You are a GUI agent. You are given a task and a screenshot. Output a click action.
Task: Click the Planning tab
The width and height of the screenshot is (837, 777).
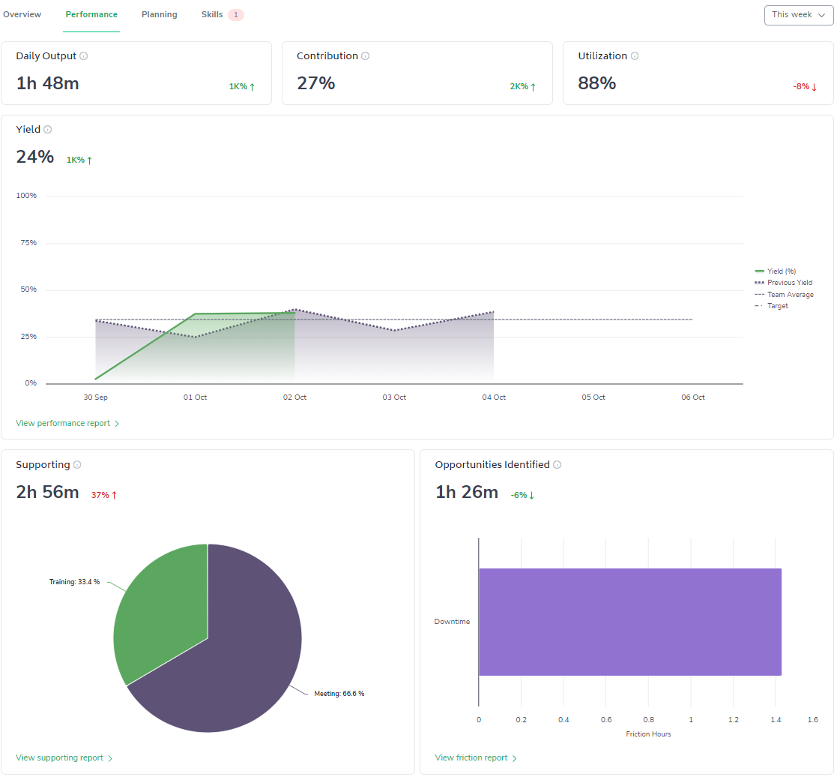click(x=159, y=15)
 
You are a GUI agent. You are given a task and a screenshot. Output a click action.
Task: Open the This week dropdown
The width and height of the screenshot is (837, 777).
click(x=798, y=15)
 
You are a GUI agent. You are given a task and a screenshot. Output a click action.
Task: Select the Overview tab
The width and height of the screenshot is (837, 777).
click(x=22, y=15)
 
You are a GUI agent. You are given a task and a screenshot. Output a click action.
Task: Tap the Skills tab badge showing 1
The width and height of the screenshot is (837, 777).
click(x=236, y=15)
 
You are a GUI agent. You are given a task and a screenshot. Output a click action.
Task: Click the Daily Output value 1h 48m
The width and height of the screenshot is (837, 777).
click(x=47, y=83)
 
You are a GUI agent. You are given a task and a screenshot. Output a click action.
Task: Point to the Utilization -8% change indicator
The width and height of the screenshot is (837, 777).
click(x=804, y=87)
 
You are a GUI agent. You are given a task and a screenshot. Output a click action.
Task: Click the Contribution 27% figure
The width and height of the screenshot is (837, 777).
click(x=315, y=83)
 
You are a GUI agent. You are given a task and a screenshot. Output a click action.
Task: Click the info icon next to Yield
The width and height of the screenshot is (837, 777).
click(x=48, y=130)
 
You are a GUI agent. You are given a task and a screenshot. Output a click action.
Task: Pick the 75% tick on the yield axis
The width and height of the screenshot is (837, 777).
click(x=28, y=243)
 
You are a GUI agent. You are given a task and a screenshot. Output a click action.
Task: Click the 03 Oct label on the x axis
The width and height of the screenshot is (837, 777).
click(x=394, y=397)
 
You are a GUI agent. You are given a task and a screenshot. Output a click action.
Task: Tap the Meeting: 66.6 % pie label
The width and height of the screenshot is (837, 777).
click(x=339, y=694)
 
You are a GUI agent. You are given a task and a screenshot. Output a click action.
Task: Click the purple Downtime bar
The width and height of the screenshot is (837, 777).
click(x=629, y=622)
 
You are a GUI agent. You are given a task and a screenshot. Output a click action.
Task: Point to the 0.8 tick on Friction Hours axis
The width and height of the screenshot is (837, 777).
click(x=648, y=720)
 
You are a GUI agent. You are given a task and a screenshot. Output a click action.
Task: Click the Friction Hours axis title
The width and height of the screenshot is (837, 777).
click(x=648, y=734)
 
